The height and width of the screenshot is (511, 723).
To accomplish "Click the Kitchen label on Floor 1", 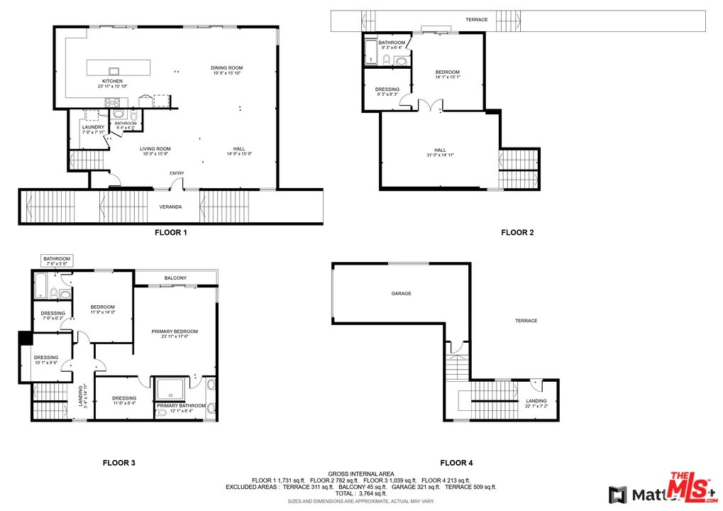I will click(112, 82).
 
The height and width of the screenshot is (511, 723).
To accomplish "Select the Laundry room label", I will click(93, 127).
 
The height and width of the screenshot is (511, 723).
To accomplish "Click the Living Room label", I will click(155, 148).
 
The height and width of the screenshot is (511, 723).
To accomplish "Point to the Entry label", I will click(176, 173).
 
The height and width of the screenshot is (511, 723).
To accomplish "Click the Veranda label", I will click(170, 207).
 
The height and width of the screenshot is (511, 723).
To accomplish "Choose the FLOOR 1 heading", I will click(170, 232).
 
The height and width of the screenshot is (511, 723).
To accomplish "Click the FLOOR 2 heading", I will click(517, 232).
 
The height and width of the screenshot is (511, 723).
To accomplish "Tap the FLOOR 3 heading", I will click(118, 463).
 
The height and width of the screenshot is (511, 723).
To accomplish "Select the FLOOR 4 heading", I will click(456, 463).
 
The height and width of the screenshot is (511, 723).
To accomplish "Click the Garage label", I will click(401, 293).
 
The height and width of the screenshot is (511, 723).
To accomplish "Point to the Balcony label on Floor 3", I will click(175, 278).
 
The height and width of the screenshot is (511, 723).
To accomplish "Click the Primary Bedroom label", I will click(175, 331).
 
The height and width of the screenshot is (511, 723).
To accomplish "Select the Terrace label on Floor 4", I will click(526, 321).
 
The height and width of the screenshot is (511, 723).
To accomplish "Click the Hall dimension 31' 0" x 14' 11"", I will click(440, 155).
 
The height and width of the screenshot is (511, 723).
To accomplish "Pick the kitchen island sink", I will click(114, 70).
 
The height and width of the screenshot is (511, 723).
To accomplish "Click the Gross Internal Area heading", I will click(361, 473).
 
